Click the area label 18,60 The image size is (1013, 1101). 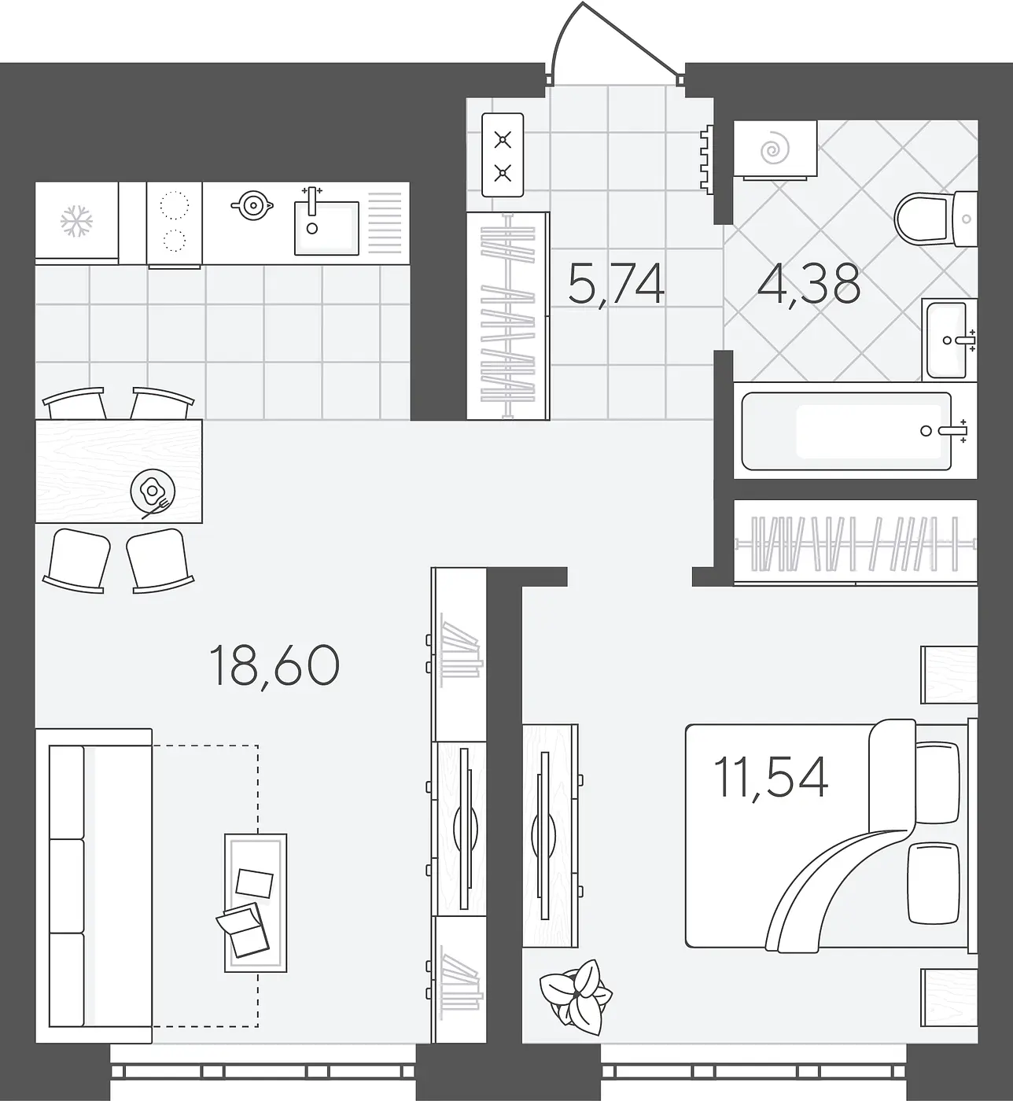pos(274,666)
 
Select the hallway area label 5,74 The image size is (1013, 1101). pos(616,285)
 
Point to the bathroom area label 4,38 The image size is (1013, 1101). pos(809,285)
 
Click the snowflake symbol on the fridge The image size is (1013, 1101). pos(76,222)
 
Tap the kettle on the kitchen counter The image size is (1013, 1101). pos(252,205)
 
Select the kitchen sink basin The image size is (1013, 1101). pos(326,228)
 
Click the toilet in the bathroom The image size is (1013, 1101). pos(936,219)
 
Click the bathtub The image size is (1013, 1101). pos(846,431)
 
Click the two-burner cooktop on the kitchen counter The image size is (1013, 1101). pos(174,224)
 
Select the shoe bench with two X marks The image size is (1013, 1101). pos(503,155)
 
